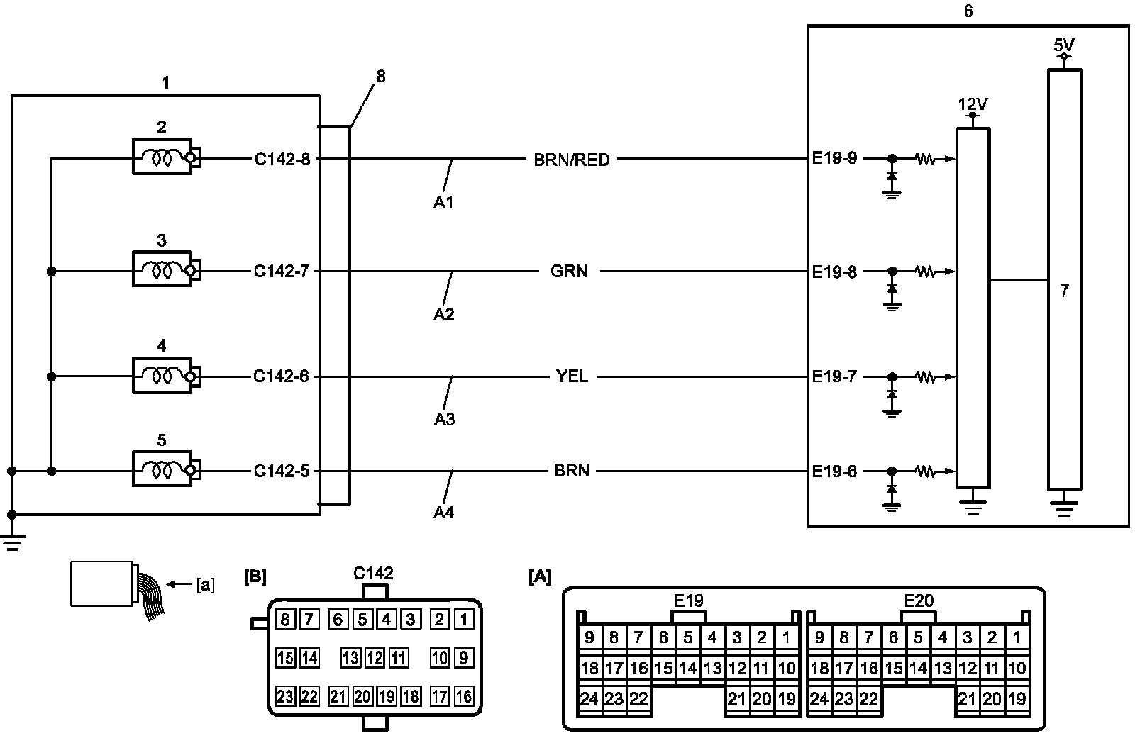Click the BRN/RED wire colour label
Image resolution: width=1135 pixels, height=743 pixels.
coord(571,160)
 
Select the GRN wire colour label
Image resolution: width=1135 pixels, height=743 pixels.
coord(569,271)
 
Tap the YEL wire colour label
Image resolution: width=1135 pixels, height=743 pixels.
coord(572,376)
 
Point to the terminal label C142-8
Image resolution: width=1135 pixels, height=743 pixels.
coord(282,159)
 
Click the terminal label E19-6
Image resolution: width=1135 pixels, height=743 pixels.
coord(834,471)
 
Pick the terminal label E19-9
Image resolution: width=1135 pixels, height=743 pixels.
coord(834,158)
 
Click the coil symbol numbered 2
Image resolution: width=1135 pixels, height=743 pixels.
coord(162,157)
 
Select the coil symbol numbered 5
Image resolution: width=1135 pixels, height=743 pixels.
coord(162,470)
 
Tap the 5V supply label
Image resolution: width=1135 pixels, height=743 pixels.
coord(1064,45)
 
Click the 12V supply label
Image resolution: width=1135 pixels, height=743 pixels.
coord(973,104)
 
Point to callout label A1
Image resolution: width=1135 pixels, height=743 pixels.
coord(444,203)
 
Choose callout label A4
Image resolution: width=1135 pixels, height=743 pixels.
coord(444,512)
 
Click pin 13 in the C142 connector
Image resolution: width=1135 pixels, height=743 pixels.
coord(351,658)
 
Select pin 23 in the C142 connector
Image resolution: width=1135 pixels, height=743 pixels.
coord(285,696)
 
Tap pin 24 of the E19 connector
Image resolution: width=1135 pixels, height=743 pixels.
coord(589,699)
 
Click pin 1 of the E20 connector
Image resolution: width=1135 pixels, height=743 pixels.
coord(1017,637)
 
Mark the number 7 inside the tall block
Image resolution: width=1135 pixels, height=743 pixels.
coord(1064,291)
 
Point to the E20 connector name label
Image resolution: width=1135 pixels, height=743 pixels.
coord(919,601)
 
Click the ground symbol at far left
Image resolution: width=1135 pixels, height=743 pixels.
coord(11,542)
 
